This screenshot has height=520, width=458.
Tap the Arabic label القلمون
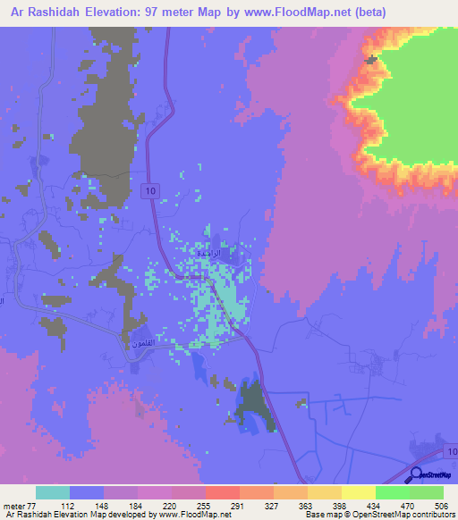coord(141,340)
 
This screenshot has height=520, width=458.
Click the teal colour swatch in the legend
coord(53,493)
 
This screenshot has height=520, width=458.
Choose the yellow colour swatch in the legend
coord(358,493)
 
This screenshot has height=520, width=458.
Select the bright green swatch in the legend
coord(392,493)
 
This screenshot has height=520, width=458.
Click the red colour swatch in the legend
coord(222,493)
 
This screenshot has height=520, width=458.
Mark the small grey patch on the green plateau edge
coord(371,60)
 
